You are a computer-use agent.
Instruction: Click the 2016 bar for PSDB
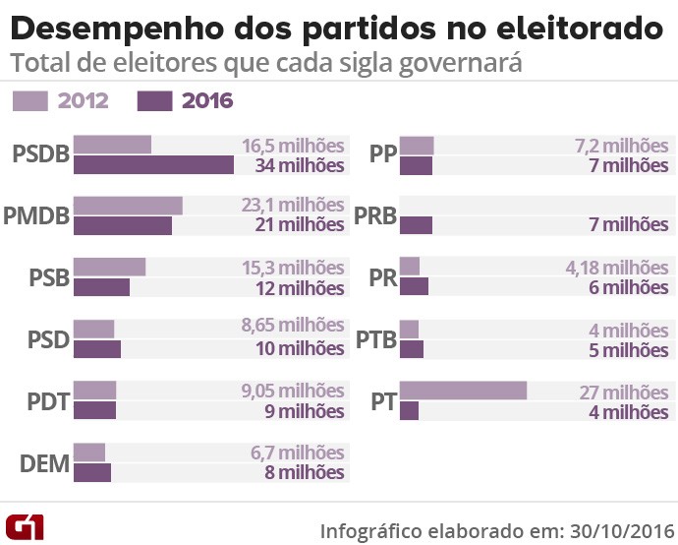tap(153, 164)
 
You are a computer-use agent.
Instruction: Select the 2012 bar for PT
tap(463, 391)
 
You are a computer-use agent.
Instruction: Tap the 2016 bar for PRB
tap(416, 225)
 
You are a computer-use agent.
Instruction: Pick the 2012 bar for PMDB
tap(128, 206)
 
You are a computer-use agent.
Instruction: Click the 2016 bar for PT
tap(409, 410)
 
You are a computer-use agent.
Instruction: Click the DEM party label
tap(45, 464)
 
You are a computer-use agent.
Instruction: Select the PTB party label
tap(376, 340)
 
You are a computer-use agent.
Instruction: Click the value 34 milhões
tap(300, 165)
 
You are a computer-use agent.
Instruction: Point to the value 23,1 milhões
tap(293, 206)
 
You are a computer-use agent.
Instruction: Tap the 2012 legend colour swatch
tap(29, 100)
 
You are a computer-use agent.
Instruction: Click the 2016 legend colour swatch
tap(155, 100)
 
